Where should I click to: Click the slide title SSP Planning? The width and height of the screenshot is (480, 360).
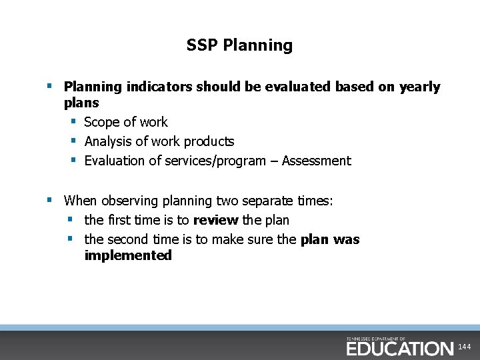coord(239,45)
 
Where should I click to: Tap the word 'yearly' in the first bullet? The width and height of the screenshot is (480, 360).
coord(419,87)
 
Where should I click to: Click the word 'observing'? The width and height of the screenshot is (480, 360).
coord(131,201)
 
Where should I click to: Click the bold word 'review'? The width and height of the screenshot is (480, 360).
coord(215,220)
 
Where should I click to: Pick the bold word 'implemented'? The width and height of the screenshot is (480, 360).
coord(128,255)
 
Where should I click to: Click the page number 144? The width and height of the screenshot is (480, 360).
coord(465,347)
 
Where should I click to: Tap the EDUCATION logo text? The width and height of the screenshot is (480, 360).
coord(399,349)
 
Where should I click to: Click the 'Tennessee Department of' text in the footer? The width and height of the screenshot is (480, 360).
coord(376,339)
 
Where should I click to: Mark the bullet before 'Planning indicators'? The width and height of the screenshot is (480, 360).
coord(49,86)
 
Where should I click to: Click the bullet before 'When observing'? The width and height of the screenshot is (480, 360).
coord(49,200)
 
